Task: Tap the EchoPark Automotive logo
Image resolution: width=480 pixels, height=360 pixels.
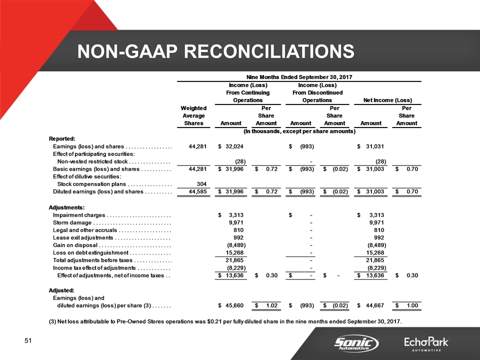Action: coord(426,343)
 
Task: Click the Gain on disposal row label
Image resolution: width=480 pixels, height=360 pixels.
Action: coord(75,245)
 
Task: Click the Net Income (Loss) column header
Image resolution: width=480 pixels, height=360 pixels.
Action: coord(389,100)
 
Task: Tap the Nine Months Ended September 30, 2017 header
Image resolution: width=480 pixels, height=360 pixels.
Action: coord(297,76)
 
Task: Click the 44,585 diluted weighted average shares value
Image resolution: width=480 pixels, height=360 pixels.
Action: coord(200,192)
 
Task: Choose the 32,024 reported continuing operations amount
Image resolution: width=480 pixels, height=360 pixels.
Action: coord(233,146)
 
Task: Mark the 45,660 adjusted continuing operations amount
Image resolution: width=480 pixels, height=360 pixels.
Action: coord(233,305)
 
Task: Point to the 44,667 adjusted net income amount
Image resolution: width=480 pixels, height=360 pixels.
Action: coord(374,305)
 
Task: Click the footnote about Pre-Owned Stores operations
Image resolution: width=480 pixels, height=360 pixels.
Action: coord(225,320)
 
